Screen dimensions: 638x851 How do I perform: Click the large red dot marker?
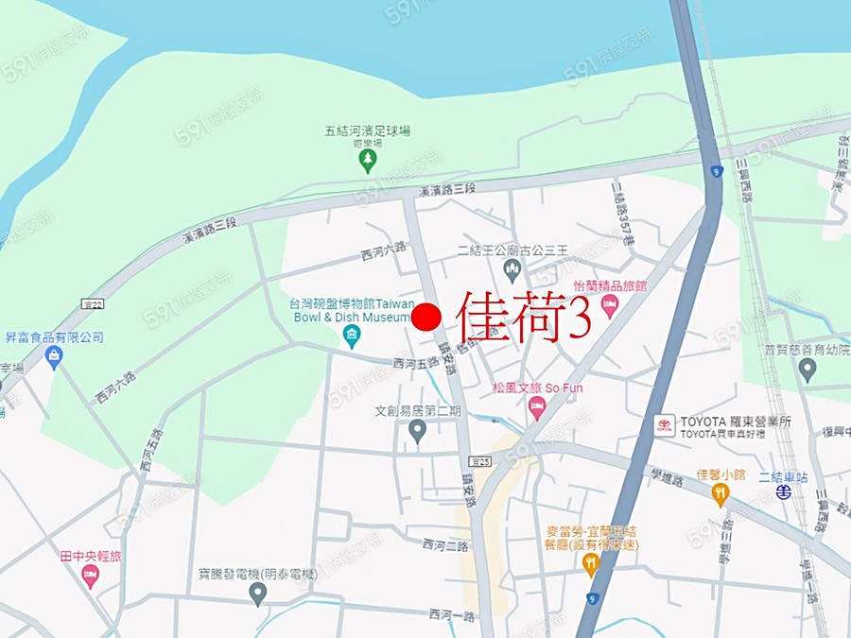(x=427, y=317)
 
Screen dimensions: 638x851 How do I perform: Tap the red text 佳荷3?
(x=525, y=316)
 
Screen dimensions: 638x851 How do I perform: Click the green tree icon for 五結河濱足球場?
(x=367, y=162)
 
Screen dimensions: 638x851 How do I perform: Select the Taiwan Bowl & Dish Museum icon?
(x=352, y=336)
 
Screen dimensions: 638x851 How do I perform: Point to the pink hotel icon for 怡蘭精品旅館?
(x=610, y=304)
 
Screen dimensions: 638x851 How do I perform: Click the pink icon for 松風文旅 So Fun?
(x=537, y=408)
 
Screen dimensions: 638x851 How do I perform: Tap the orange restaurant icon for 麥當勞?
(x=591, y=565)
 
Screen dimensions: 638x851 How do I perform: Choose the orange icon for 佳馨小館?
(x=721, y=492)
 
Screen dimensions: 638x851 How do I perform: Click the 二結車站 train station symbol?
(x=783, y=492)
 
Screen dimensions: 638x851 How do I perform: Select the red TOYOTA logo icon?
(x=665, y=426)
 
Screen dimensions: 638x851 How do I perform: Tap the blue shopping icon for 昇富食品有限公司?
(x=53, y=357)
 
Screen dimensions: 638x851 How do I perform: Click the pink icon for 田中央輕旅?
(x=91, y=576)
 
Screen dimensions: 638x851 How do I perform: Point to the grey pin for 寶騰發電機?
(x=257, y=594)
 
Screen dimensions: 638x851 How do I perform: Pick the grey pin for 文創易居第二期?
(x=417, y=431)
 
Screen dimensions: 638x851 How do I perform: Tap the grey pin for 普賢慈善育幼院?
(x=807, y=370)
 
